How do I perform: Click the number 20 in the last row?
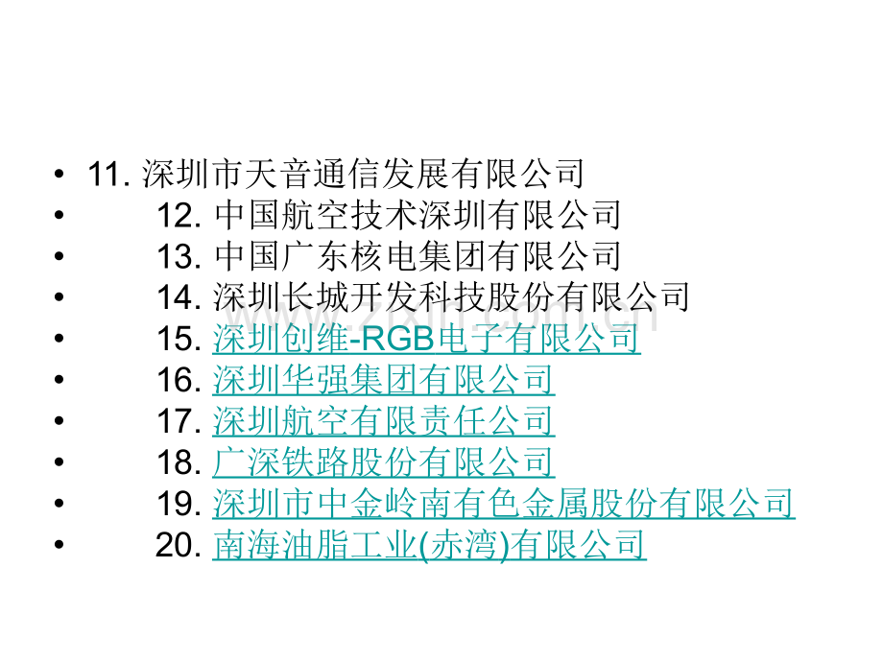(x=178, y=545)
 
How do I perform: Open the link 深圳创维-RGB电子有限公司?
(x=426, y=339)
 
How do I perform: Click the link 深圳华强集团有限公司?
(x=384, y=380)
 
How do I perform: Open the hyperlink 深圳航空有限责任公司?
(x=384, y=421)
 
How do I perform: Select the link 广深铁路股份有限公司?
(x=384, y=462)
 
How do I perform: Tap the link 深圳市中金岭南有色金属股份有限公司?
(x=504, y=504)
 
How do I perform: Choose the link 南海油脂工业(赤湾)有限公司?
(x=429, y=545)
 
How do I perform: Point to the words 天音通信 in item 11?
(x=313, y=174)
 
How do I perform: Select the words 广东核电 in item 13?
(x=350, y=256)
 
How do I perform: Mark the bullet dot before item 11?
(x=60, y=174)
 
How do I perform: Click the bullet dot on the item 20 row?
(x=60, y=545)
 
